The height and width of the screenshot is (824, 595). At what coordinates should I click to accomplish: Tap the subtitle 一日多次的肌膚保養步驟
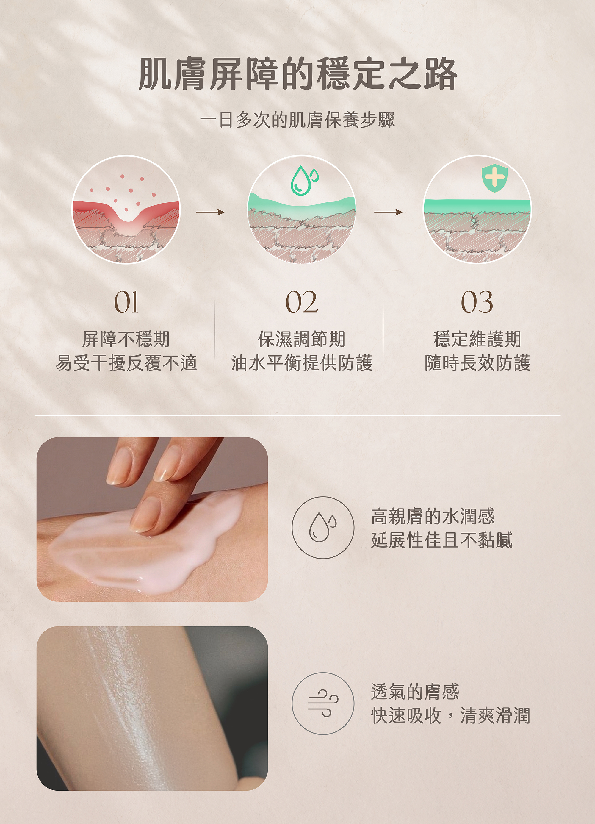(x=297, y=120)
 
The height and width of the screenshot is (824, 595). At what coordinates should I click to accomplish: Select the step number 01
(x=126, y=302)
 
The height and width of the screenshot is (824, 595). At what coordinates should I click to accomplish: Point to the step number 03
(x=477, y=302)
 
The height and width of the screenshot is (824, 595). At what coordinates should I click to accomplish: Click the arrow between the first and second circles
(x=210, y=212)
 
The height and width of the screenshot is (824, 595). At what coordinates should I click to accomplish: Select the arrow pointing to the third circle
(x=388, y=212)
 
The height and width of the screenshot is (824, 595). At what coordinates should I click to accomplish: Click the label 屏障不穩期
(x=126, y=339)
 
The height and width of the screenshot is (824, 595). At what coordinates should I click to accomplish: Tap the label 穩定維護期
(x=477, y=339)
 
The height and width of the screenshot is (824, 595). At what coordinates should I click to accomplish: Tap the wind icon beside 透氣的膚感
(x=323, y=703)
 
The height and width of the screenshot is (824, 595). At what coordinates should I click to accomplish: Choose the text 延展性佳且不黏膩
(x=442, y=540)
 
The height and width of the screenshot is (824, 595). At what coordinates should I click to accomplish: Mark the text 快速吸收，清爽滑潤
(x=450, y=715)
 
